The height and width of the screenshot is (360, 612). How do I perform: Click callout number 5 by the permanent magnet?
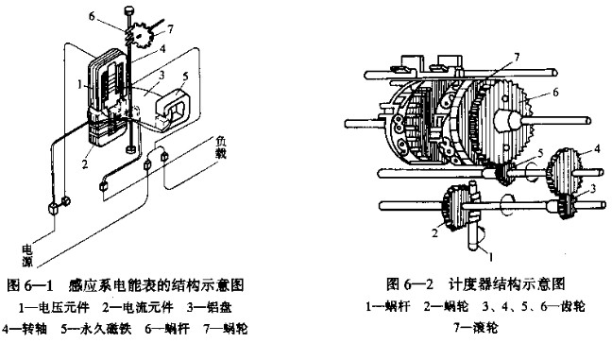click(x=185, y=77)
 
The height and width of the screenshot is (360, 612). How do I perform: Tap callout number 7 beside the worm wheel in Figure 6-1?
click(x=170, y=29)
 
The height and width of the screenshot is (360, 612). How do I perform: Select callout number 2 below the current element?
click(x=86, y=163)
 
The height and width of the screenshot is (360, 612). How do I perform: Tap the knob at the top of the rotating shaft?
click(x=128, y=9)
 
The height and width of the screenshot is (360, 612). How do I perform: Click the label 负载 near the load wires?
click(x=222, y=147)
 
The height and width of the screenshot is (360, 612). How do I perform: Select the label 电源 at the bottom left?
click(x=27, y=256)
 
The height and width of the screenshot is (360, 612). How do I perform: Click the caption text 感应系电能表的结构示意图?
click(x=155, y=285)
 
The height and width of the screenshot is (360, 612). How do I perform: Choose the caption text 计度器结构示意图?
click(x=507, y=283)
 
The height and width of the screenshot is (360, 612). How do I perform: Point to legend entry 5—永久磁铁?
click(x=96, y=329)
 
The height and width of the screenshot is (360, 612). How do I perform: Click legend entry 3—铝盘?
click(x=209, y=307)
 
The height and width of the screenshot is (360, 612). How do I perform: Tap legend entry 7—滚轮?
click(x=476, y=327)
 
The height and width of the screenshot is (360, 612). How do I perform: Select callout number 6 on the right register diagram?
click(x=555, y=93)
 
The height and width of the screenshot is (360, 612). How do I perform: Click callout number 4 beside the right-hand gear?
click(x=597, y=148)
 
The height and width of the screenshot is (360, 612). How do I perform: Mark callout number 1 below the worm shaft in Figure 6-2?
click(x=491, y=256)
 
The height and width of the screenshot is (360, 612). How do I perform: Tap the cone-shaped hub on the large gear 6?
click(x=508, y=120)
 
